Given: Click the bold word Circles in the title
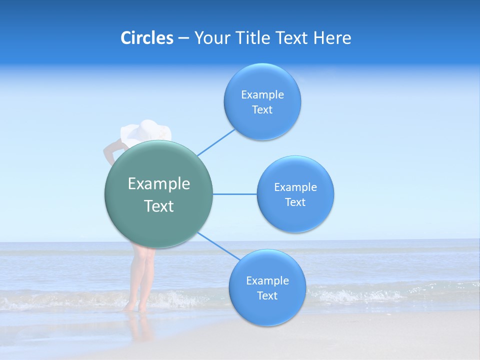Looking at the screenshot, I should pyautogui.click(x=146, y=38).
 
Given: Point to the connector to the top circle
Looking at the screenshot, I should pyautogui.click(x=216, y=142).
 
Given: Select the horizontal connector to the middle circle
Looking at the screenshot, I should pyautogui.click(x=234, y=194).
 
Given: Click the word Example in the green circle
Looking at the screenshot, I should pyautogui.click(x=158, y=183).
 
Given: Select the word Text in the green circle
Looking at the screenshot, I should pyautogui.click(x=158, y=206).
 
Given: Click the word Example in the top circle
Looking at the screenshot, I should pyautogui.click(x=262, y=95).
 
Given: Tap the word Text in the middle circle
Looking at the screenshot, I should pyautogui.click(x=295, y=202).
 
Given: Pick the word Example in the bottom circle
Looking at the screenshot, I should pyautogui.click(x=267, y=281).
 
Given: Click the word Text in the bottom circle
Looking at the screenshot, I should pyautogui.click(x=267, y=296).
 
